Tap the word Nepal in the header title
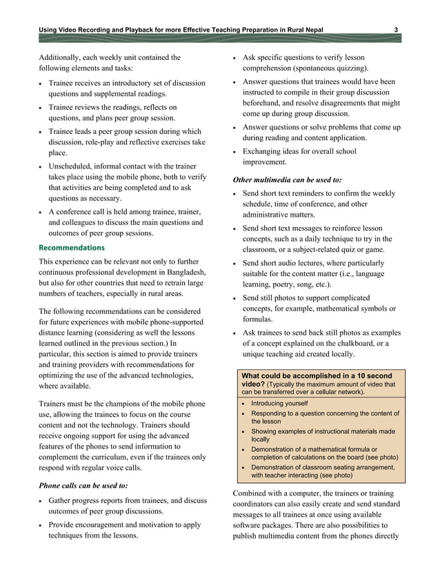click(310, 28)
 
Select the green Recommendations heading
click(72, 247)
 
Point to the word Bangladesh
click(170, 271)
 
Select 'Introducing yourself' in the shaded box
click(280, 403)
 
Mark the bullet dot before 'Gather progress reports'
click(41, 500)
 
